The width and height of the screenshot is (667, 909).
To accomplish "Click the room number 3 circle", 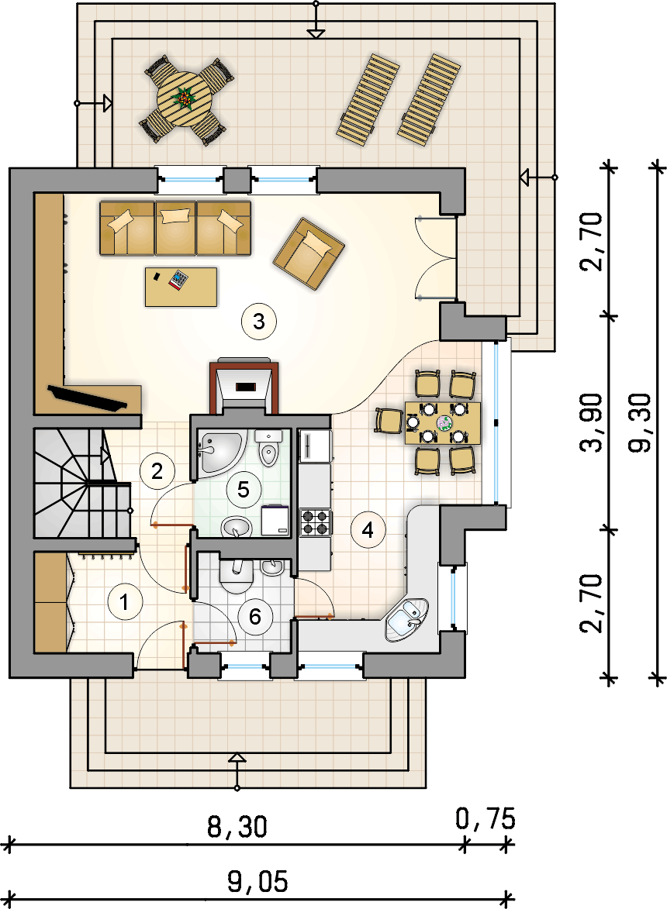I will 259,322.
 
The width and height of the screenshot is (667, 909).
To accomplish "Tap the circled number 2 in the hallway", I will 157,471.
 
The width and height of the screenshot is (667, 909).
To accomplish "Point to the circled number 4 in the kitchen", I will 367,530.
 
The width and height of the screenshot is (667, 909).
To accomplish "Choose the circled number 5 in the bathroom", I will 242,489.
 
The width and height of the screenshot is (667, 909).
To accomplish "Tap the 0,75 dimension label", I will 485,818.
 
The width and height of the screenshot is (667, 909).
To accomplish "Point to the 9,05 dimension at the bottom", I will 257,881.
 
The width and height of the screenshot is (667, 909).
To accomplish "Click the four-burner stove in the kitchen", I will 316,522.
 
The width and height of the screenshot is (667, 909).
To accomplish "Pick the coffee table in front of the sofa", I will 181,287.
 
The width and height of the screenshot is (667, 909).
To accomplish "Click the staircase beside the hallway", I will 81,483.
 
